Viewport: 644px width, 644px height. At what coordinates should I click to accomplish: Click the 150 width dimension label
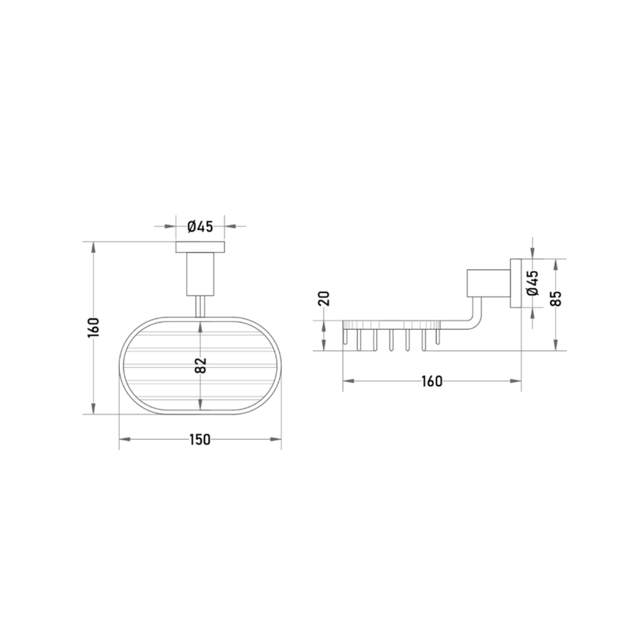point(200,439)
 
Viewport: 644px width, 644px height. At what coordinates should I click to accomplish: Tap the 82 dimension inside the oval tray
point(200,366)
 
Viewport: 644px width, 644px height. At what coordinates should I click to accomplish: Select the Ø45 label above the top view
point(200,227)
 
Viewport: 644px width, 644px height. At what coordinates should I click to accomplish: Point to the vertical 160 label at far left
point(94,327)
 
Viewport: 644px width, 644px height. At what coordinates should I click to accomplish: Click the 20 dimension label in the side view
point(324,299)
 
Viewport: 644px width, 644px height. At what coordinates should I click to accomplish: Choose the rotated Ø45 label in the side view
point(532,283)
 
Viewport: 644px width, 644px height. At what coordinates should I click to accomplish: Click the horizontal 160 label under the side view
point(432,382)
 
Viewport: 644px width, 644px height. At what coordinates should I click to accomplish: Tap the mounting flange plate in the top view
point(200,247)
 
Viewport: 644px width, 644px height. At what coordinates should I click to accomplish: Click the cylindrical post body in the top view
point(200,274)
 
